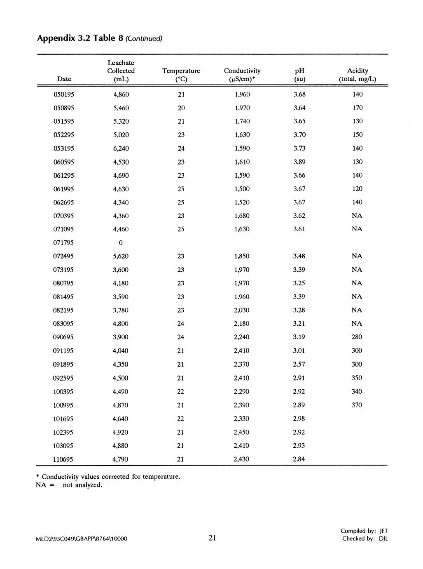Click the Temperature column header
click(x=181, y=75)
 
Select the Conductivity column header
click(x=242, y=75)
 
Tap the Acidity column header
click(x=358, y=75)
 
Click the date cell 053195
click(x=64, y=148)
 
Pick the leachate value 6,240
click(x=121, y=148)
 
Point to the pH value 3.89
click(x=299, y=162)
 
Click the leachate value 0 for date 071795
click(x=121, y=242)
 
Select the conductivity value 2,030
click(x=242, y=310)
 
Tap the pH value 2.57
click(x=299, y=364)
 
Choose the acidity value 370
click(x=357, y=405)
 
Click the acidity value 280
click(x=357, y=337)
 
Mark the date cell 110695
click(x=63, y=459)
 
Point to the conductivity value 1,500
click(x=242, y=189)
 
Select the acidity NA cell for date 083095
click(x=357, y=324)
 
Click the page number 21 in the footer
click(x=213, y=538)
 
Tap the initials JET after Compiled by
click(x=383, y=531)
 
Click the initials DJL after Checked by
click(x=383, y=538)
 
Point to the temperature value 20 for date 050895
click(x=181, y=108)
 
